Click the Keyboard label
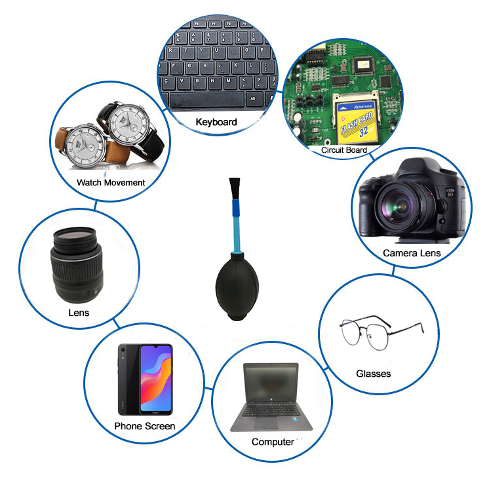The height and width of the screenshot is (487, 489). coord(216,122)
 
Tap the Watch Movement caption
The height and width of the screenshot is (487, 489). coord(111,182)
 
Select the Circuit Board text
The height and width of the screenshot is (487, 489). coord(343,150)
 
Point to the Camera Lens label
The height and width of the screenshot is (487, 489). coord(412,252)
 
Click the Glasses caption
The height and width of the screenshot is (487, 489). coord(373,374)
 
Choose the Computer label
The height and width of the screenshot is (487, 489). coord(272,442)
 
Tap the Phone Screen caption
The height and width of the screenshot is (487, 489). coord(145,426)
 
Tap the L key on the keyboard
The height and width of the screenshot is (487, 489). coord(249,66)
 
